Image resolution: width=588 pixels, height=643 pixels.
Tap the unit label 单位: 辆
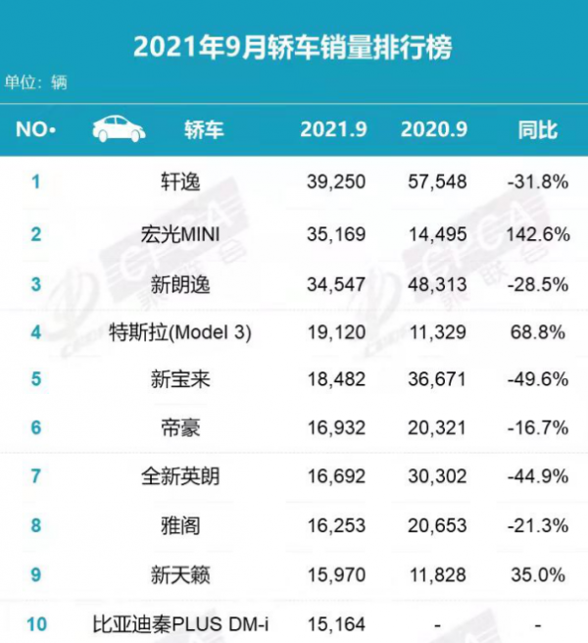point(36,82)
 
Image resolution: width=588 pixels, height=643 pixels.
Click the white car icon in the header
point(119,129)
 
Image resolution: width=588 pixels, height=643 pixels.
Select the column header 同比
point(537,129)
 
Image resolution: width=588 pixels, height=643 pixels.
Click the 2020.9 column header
point(434,129)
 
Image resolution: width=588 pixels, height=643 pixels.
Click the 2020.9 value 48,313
point(434,283)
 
